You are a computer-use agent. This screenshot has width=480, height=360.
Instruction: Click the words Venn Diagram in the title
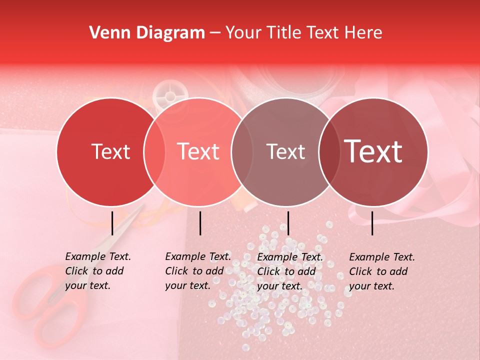[147, 33]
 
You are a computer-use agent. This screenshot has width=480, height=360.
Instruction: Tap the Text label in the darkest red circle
[373, 151]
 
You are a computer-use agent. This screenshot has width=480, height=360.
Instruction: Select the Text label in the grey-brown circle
[286, 152]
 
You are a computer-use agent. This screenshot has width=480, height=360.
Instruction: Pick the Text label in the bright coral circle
[198, 152]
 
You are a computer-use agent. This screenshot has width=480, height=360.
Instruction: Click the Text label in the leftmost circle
[110, 152]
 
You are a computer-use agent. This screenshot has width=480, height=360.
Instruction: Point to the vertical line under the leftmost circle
[112, 223]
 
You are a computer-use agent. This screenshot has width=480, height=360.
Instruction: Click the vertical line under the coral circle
[200, 223]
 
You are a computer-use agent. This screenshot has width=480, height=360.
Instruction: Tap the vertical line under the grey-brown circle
[288, 223]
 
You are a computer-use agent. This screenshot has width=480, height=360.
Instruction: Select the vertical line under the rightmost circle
[372, 223]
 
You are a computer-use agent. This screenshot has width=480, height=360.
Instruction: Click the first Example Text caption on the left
[97, 271]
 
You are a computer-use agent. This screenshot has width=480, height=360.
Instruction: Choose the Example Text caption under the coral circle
[197, 271]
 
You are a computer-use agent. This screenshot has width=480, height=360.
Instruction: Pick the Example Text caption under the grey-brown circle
[289, 271]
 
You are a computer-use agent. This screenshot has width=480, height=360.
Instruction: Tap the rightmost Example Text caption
[381, 271]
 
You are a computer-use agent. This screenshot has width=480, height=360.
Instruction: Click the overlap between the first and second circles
[154, 152]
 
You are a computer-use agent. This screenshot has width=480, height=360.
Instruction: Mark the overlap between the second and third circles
[242, 152]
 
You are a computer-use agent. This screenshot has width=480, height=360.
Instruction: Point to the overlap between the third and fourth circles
[329, 152]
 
